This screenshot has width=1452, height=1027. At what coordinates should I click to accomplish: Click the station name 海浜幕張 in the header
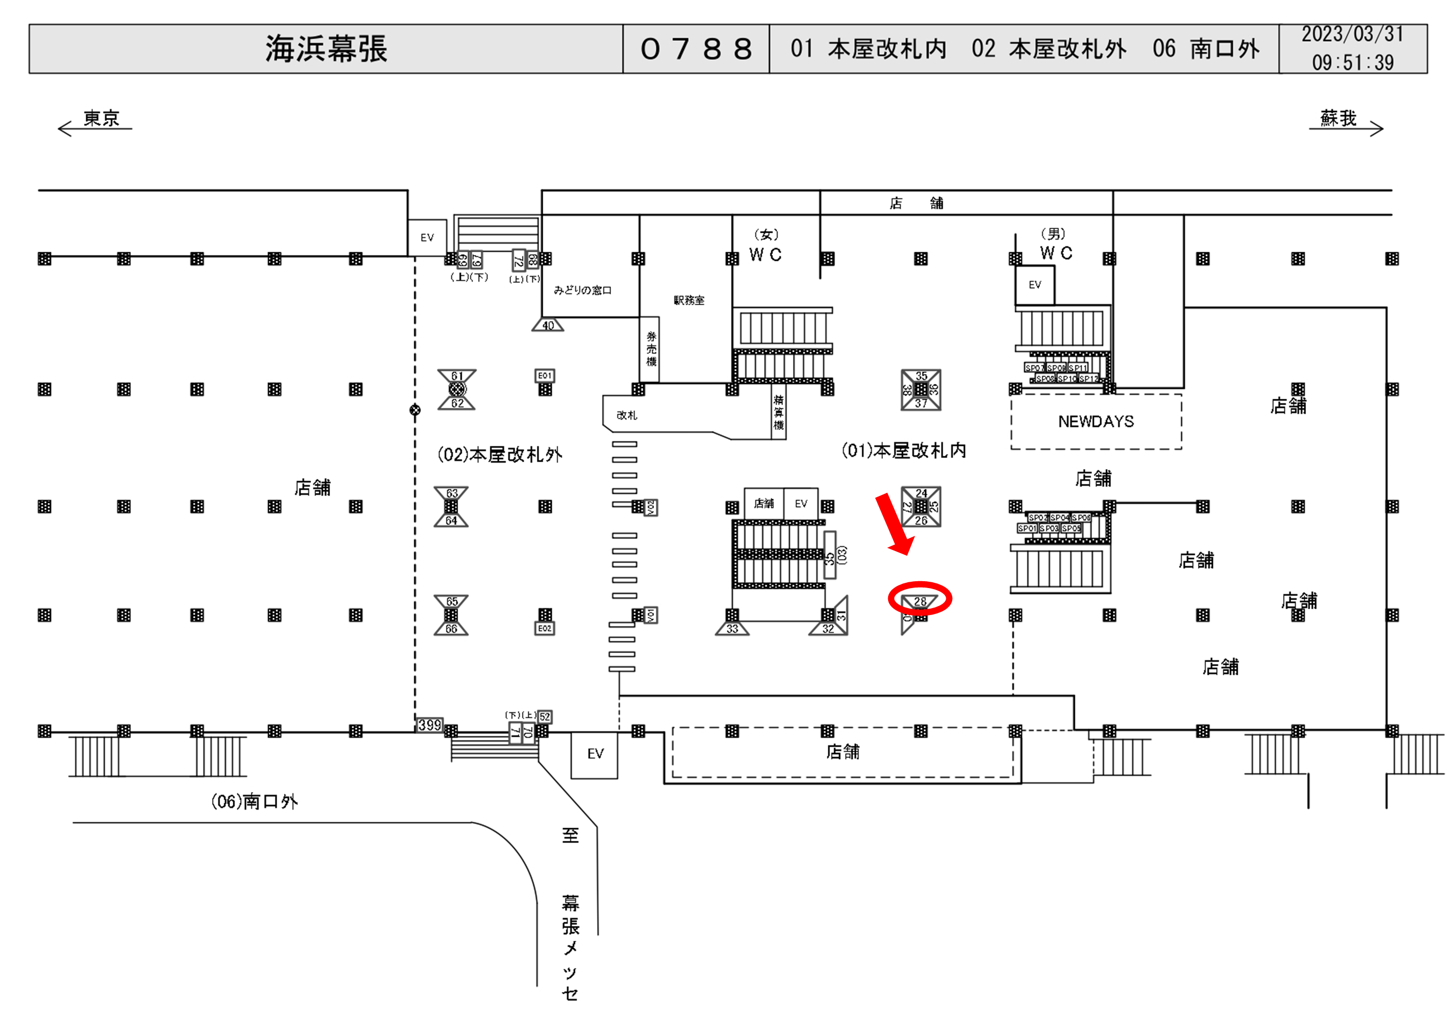(x=326, y=49)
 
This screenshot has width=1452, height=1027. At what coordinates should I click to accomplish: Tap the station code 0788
(x=696, y=49)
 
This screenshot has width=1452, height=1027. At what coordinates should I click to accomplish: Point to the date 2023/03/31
(x=1352, y=34)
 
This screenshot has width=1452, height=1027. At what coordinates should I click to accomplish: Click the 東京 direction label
(x=101, y=118)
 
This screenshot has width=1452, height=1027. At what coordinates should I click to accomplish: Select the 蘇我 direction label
(x=1338, y=118)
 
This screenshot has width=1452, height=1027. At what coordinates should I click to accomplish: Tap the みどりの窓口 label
(x=582, y=290)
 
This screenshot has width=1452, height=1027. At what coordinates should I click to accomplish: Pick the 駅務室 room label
(x=689, y=300)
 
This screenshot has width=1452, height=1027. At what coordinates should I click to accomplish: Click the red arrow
(x=893, y=524)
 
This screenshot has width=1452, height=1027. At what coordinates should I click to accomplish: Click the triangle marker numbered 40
(x=547, y=325)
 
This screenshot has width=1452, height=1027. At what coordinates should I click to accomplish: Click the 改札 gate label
(x=627, y=416)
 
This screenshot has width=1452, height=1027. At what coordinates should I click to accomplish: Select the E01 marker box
(x=544, y=375)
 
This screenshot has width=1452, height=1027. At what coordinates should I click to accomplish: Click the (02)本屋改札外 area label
(x=499, y=455)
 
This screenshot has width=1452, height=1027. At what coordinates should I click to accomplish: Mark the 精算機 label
(x=779, y=412)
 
